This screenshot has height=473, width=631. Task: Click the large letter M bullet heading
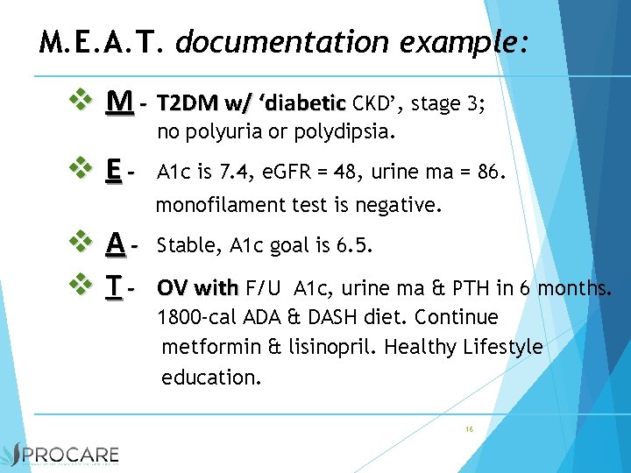point(120,103)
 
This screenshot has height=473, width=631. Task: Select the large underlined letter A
point(115,244)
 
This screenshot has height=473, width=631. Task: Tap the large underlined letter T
point(113,286)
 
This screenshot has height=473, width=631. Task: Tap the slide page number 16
point(470,429)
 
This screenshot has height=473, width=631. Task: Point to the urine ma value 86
point(488,174)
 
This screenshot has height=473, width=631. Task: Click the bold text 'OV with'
point(197,287)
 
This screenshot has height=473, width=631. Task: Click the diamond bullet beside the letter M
point(82,102)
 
